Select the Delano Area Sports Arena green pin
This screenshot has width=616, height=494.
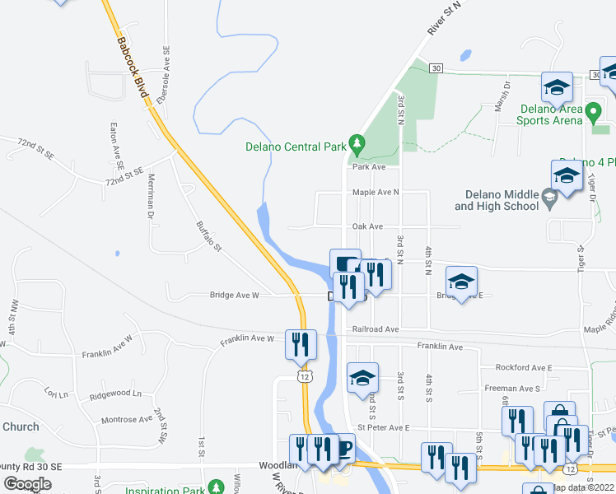pyautogui.click(x=593, y=110)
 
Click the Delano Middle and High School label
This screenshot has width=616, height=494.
pyautogui.click(x=501, y=200)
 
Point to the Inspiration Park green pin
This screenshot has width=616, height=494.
pyautogui.click(x=216, y=487)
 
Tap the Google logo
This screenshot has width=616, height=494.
pyautogui.click(x=27, y=484)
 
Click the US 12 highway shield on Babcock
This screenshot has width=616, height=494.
pyautogui.click(x=304, y=376)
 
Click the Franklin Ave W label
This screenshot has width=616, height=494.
pyautogui.click(x=247, y=338)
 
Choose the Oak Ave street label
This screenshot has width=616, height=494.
pyautogui.click(x=367, y=226)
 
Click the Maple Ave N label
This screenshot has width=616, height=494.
pyautogui.click(x=375, y=192)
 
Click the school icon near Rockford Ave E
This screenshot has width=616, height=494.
pyautogui.click(x=362, y=377)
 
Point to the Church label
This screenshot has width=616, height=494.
pyautogui.click(x=21, y=426)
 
